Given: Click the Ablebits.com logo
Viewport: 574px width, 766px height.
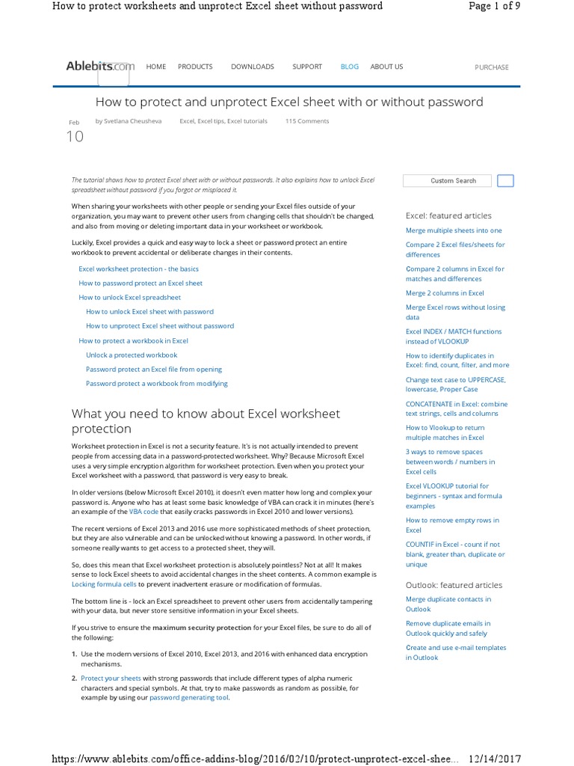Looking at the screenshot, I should pos(100,67).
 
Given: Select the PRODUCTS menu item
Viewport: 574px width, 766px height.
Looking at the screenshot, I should pos(195,67).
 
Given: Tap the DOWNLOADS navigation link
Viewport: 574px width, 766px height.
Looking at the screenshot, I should pos(252,67).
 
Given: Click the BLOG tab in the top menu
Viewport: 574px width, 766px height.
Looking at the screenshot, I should pos(349,67).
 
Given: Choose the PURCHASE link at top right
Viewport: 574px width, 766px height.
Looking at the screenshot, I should pos(491,67).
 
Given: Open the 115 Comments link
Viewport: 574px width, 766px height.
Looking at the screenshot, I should pos(306,120).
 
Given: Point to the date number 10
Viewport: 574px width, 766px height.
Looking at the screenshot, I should pos(75,137).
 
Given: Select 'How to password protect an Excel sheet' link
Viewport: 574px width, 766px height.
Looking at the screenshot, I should pos(141,283).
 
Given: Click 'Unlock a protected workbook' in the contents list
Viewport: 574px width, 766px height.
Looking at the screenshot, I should pos(132,355).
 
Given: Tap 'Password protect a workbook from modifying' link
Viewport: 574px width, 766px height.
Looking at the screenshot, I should pos(156,383).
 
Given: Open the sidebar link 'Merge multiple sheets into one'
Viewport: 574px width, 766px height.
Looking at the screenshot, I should pos(454,230).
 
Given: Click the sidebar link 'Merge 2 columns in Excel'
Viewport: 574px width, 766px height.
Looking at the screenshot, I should pos(445,293).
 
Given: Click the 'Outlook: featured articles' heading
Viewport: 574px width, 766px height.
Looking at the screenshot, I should pos(454,585).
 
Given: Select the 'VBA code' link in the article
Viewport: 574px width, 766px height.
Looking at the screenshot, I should pos(144,512).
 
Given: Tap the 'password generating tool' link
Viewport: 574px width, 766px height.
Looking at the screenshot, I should pos(189,697).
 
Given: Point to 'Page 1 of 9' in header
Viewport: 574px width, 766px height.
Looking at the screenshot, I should pos(494,6).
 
